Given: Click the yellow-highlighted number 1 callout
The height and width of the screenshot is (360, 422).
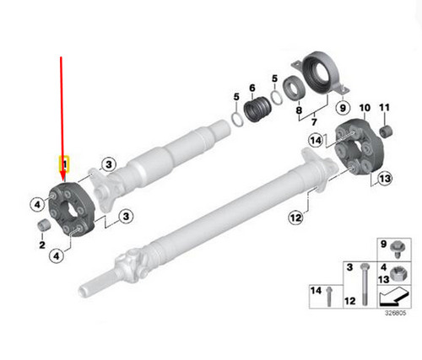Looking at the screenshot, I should click(63, 161).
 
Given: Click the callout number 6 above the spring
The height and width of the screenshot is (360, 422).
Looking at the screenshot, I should click(252, 87).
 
